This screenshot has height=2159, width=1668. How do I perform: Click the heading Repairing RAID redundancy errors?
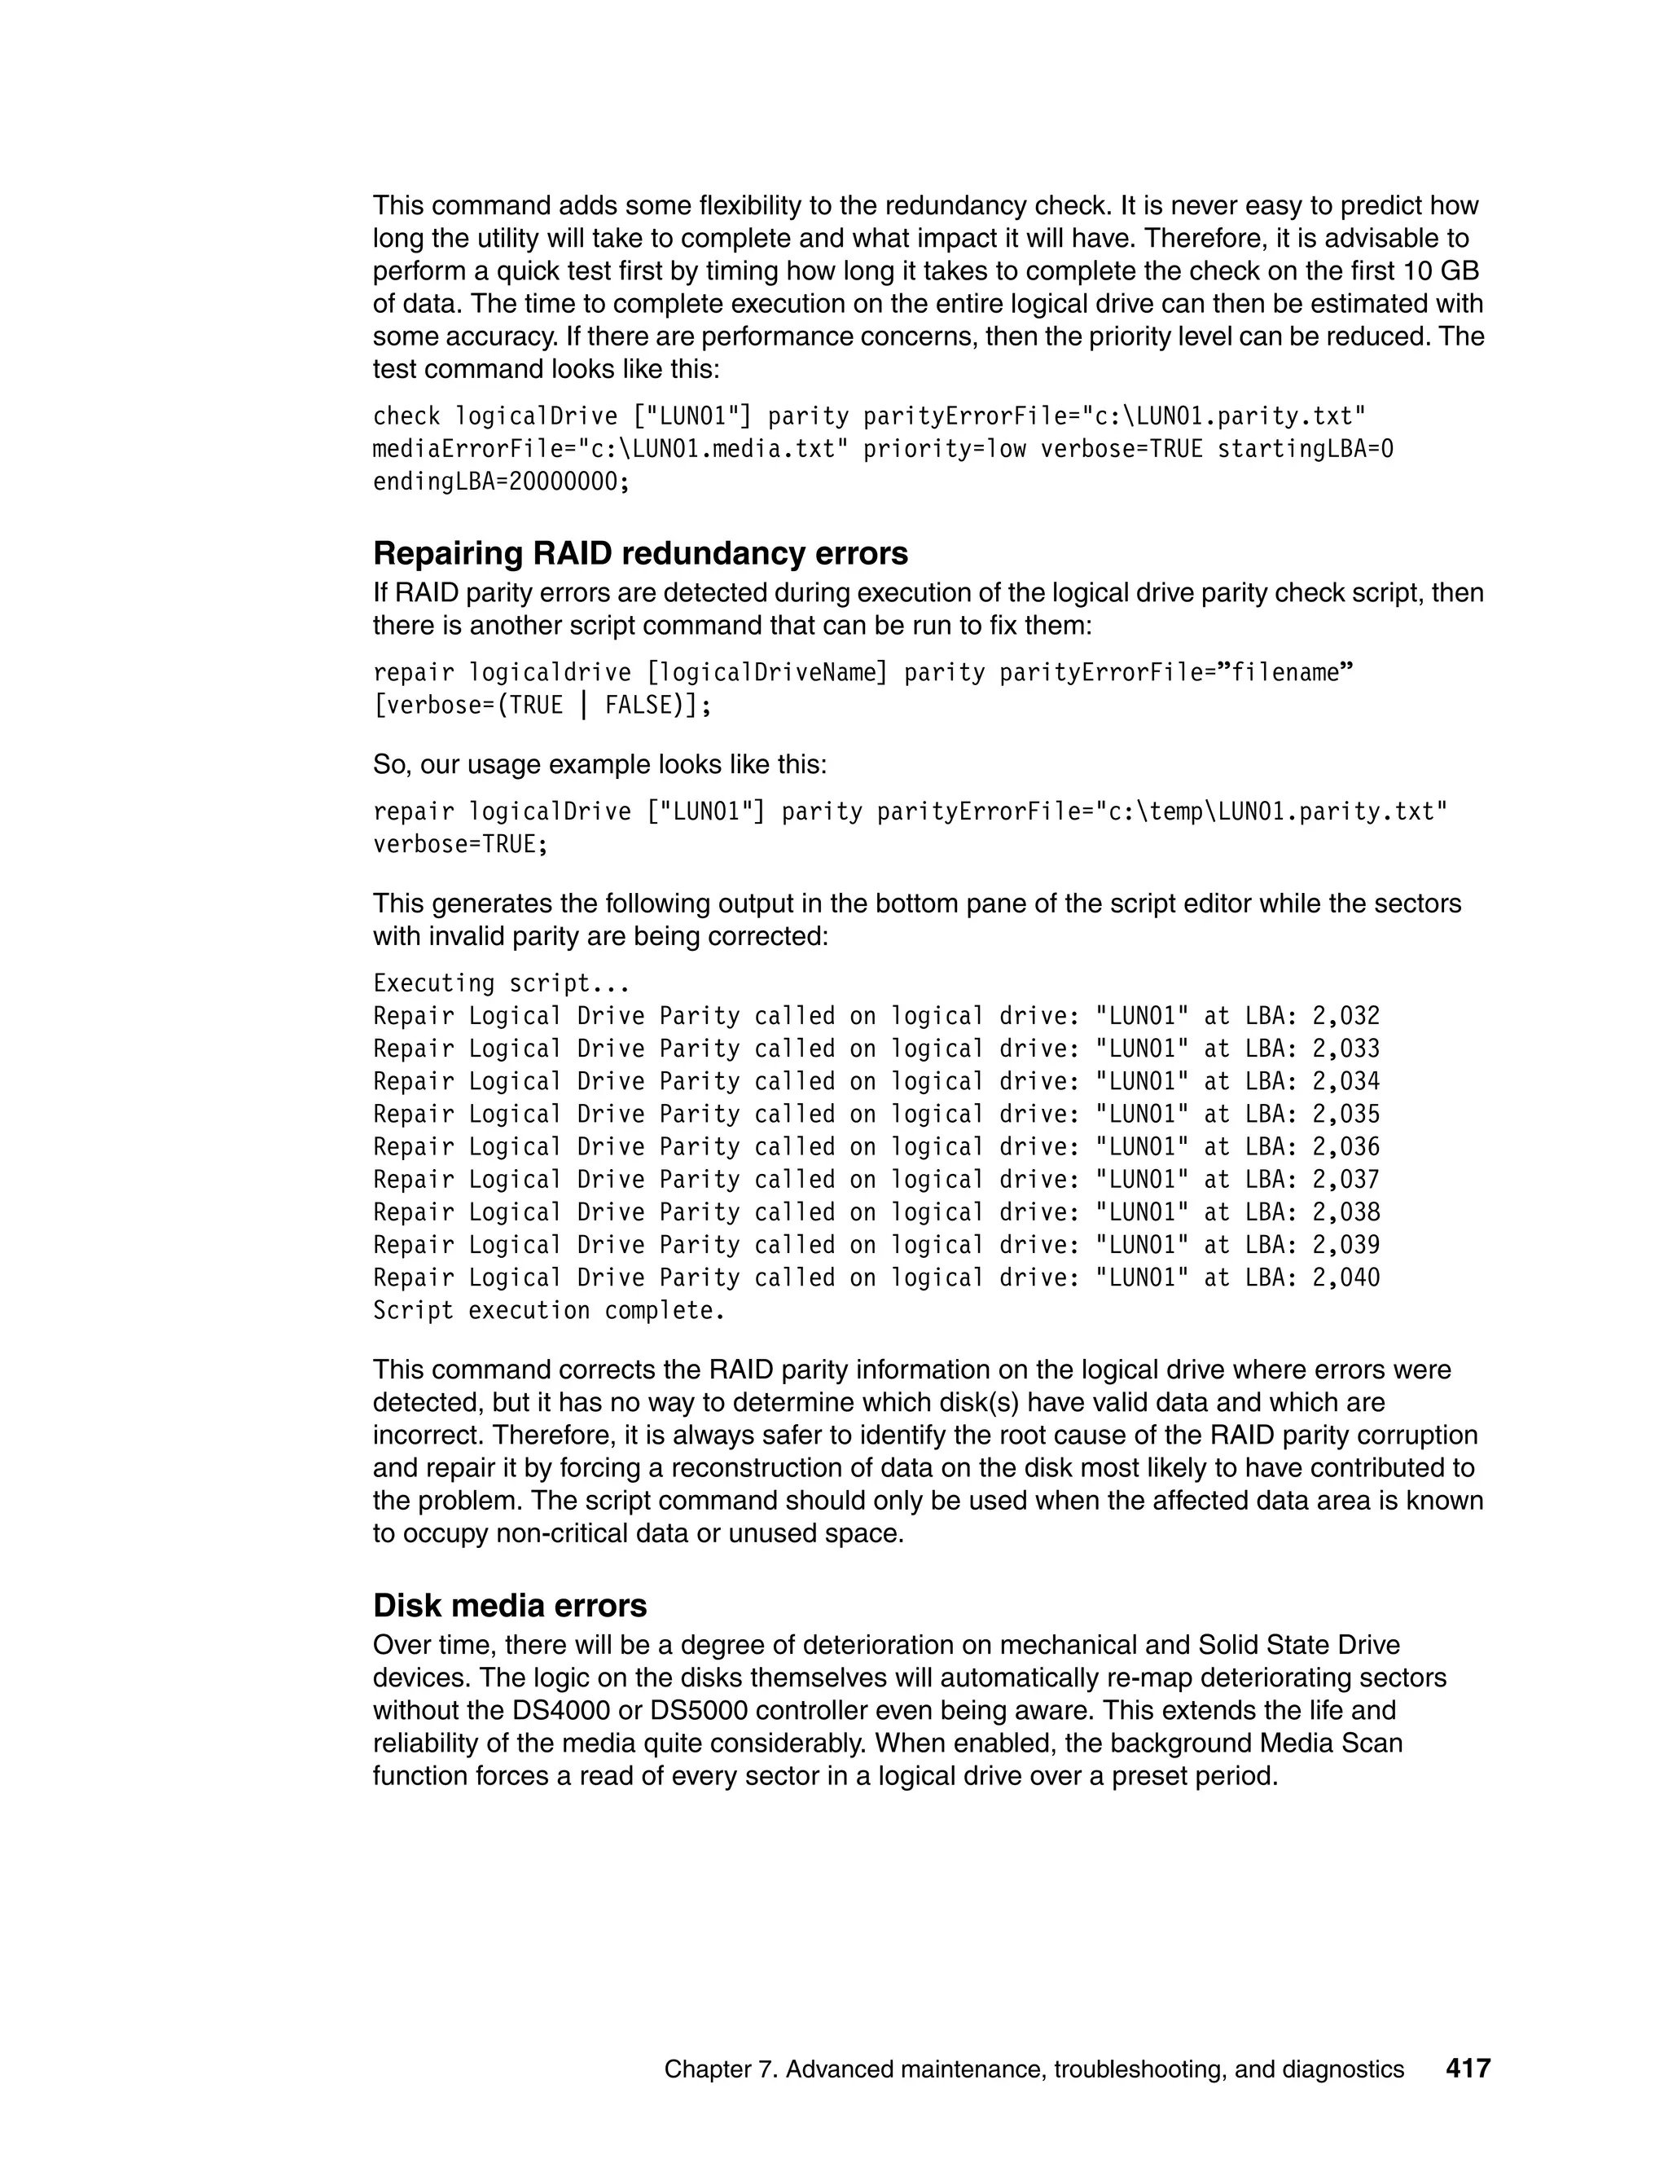point(640,553)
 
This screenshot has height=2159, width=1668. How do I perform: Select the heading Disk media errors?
point(510,1606)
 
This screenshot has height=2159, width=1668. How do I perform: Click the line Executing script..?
point(501,983)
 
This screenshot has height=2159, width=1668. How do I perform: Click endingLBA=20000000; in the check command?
point(501,482)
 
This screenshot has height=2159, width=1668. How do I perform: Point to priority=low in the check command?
point(945,450)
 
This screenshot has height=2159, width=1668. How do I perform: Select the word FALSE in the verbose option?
point(639,706)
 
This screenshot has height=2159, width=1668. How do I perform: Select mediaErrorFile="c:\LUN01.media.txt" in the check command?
point(610,450)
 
